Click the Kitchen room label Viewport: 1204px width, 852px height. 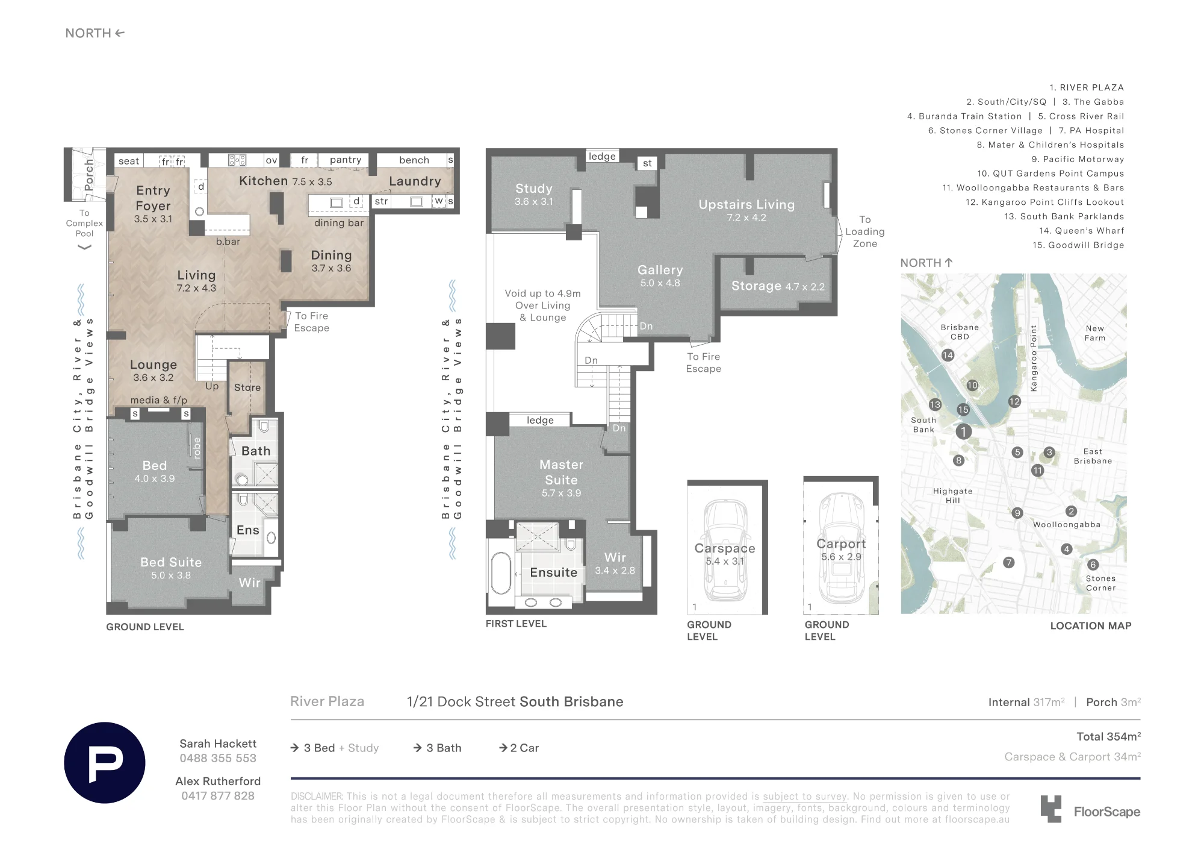click(264, 181)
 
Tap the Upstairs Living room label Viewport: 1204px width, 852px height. click(746, 205)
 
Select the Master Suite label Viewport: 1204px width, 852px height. click(562, 472)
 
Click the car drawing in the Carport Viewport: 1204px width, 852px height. click(842, 547)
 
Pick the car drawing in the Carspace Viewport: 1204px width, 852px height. click(725, 550)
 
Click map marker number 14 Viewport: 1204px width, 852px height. click(948, 355)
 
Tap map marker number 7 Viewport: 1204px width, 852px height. click(1009, 562)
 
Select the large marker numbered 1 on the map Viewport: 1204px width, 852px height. click(963, 431)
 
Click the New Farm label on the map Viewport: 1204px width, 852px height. click(1095, 333)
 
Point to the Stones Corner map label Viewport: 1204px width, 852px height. click(1100, 583)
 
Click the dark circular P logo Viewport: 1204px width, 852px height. click(105, 763)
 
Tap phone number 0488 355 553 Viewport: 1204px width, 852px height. click(218, 758)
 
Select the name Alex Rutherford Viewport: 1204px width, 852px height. click(218, 781)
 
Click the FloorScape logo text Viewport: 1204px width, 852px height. click(1107, 812)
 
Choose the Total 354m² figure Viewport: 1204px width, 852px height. click(1108, 736)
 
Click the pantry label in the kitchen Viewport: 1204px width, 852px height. click(346, 160)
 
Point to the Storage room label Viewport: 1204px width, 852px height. click(756, 286)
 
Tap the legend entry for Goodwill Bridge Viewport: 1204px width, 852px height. click(1078, 245)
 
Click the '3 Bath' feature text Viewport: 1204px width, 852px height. click(444, 748)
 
